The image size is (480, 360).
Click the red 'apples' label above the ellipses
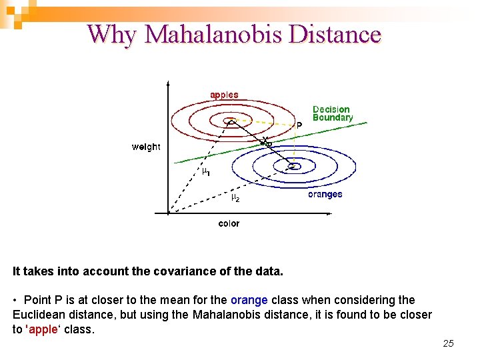click(224, 95)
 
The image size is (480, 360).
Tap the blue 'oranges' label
click(325, 195)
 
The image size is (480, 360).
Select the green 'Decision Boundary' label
click(332, 113)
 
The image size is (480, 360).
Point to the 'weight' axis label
click(145, 147)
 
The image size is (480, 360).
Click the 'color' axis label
click(229, 224)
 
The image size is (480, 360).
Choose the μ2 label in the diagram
click(235, 198)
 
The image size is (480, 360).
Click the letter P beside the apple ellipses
click(299, 125)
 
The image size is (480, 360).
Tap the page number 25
click(448, 343)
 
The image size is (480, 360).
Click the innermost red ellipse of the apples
click(230, 121)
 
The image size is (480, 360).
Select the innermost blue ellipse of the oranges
click(294, 165)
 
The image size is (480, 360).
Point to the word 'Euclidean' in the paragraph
click(37, 315)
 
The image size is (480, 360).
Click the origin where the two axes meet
click(169, 213)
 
